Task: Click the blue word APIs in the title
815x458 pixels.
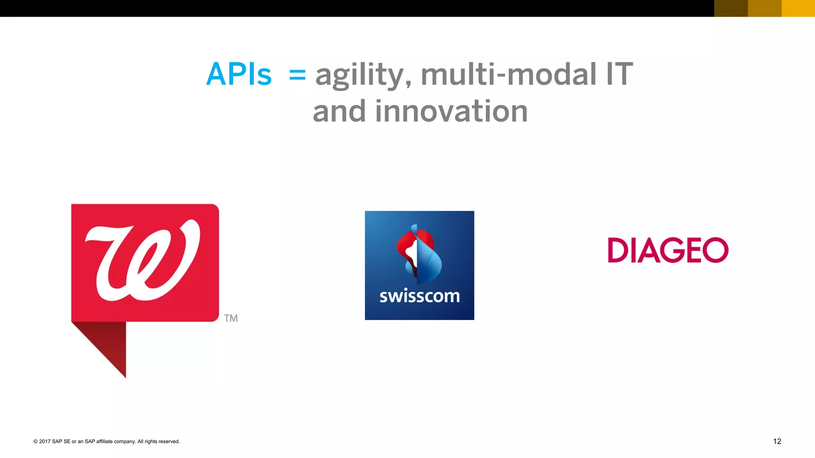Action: pos(239,74)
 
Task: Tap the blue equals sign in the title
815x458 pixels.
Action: pos(297,74)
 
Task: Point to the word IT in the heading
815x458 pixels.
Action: pos(619,74)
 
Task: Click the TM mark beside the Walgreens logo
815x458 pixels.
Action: pos(231,318)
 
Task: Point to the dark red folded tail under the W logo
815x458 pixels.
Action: pos(107,342)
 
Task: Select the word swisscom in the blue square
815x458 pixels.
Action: pos(419,297)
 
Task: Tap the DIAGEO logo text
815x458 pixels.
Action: pos(668,250)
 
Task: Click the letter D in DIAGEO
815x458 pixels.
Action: pos(618,250)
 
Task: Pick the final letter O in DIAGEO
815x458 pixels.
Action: pos(715,250)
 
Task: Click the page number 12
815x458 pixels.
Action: pos(777,441)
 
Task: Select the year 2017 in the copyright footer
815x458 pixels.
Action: pos(45,441)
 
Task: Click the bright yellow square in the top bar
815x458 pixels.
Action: pos(798,8)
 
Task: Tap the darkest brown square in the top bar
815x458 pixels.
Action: pos(731,8)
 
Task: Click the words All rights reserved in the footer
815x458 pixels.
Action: pos(158,441)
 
